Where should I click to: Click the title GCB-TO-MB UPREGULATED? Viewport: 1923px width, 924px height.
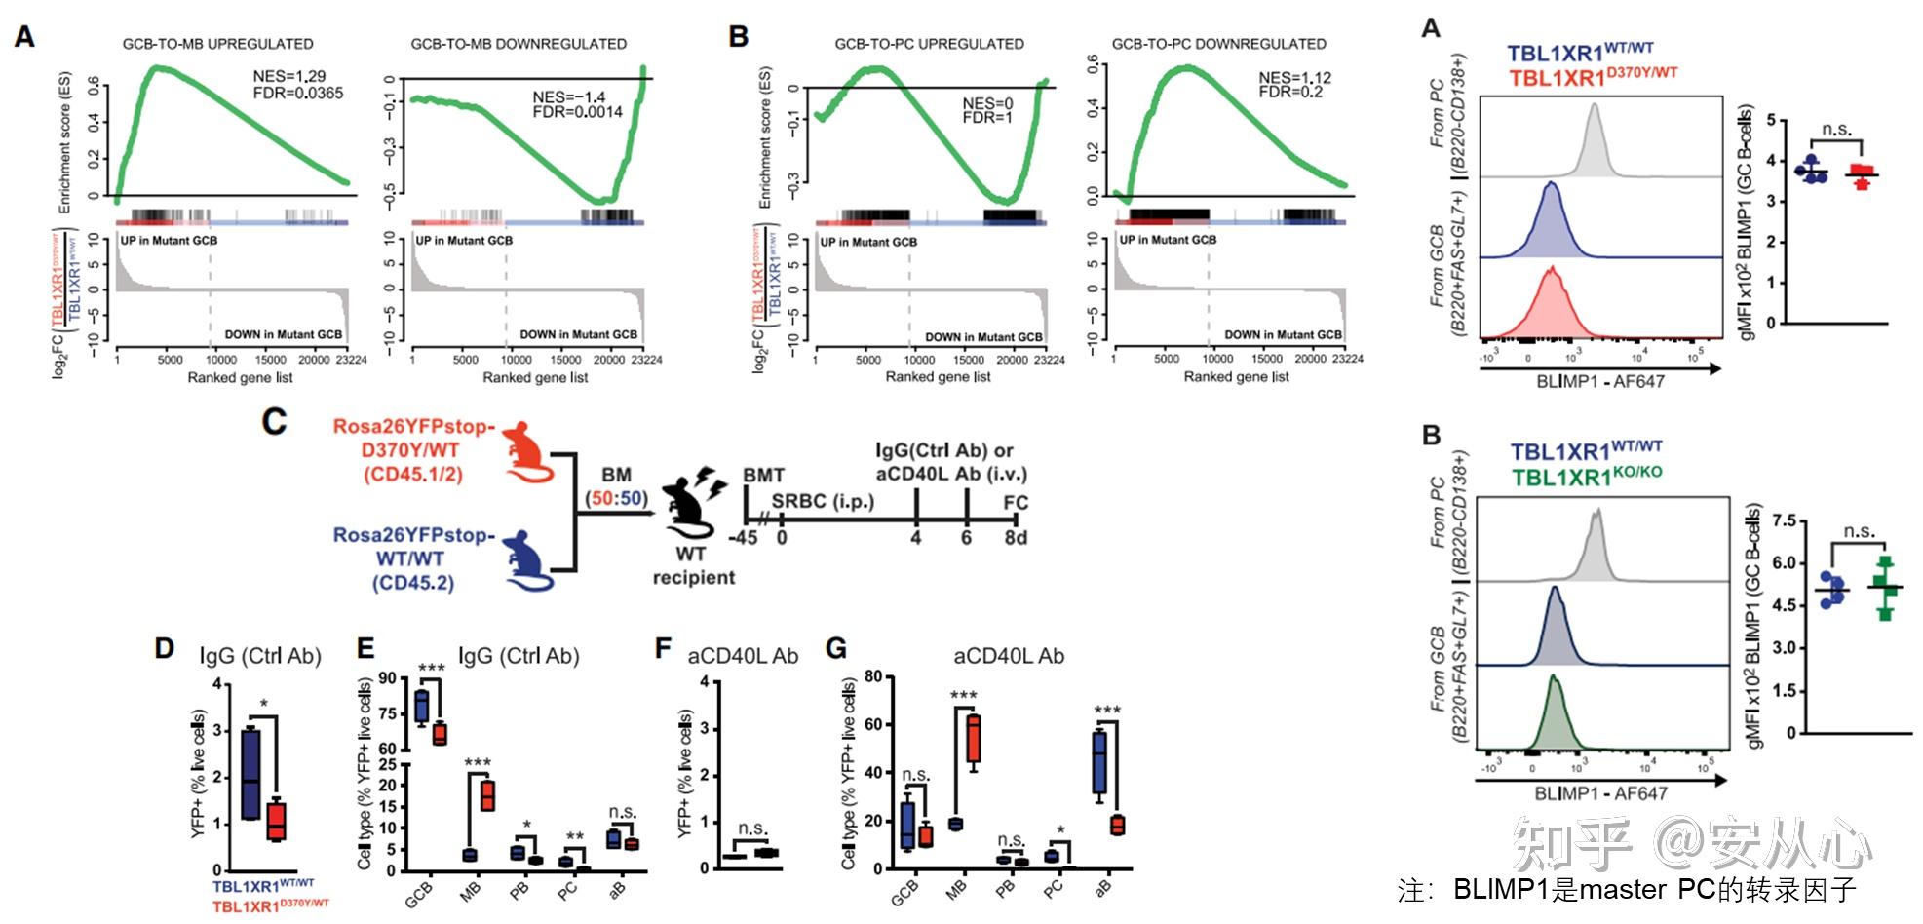(217, 44)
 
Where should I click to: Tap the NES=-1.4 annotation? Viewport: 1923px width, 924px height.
(569, 96)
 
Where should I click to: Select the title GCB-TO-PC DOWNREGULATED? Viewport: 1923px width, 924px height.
(1218, 44)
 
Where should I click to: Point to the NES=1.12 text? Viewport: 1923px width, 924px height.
(1294, 77)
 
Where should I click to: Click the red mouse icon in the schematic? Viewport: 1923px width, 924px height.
(527, 451)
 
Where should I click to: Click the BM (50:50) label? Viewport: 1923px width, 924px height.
(616, 486)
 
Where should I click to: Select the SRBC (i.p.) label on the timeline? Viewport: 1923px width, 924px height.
(823, 502)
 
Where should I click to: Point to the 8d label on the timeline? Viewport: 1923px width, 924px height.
(1016, 537)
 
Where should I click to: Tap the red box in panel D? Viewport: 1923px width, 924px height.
(277, 819)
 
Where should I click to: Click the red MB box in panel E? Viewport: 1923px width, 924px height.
(486, 795)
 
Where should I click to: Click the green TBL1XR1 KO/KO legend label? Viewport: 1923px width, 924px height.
(1587, 477)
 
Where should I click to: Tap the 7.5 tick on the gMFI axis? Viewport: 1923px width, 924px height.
(1783, 521)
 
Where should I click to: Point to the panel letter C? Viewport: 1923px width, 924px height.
(275, 421)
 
